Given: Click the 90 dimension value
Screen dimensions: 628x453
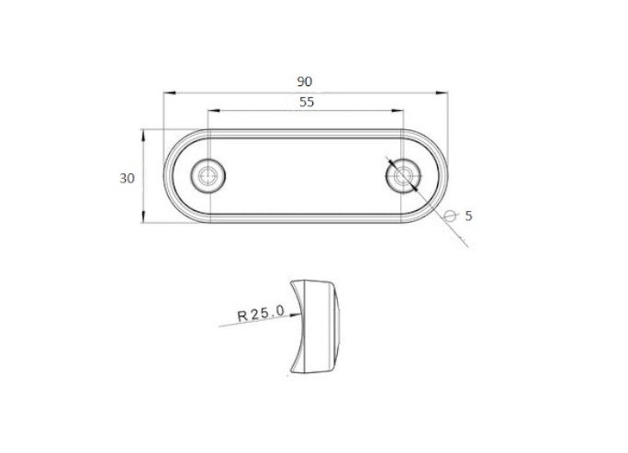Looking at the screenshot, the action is pos(305,82).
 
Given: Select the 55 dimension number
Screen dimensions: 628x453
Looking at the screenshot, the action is pos(307,103).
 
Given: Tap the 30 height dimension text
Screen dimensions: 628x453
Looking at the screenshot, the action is pos(127,179).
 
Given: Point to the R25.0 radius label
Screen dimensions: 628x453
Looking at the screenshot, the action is pos(261,313).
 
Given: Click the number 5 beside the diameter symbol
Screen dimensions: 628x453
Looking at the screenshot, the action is pos(468,216).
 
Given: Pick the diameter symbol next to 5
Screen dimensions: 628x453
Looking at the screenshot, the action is pos(451,216).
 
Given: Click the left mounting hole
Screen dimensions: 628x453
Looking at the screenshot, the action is pos(207,176).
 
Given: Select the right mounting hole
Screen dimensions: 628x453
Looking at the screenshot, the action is pos(403,176).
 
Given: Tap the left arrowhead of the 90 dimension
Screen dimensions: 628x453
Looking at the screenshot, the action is pos(170,93).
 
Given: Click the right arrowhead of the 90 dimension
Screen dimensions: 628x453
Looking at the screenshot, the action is pos(442,93).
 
